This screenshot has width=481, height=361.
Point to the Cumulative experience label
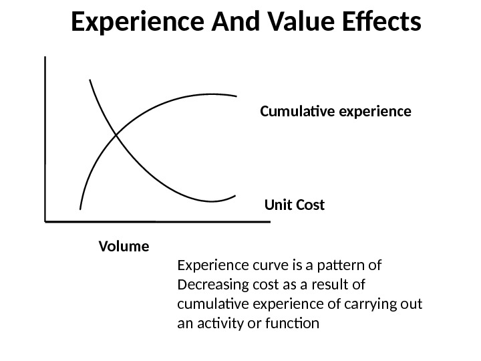[335, 110]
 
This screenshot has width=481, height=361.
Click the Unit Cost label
[295, 205]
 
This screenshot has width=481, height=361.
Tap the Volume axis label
[124, 246]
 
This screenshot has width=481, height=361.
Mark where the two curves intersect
[116, 135]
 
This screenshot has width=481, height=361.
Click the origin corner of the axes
[45, 219]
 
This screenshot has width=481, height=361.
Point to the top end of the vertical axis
[45, 57]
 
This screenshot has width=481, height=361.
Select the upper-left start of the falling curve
[89, 80]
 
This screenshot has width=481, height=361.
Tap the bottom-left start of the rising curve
[80, 209]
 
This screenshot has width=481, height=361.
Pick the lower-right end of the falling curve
[236, 196]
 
